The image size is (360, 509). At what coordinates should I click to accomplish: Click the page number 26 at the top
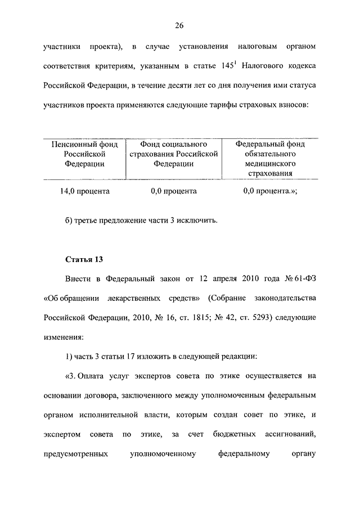(x=180, y=25)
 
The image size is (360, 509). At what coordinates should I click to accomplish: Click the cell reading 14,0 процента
(x=85, y=191)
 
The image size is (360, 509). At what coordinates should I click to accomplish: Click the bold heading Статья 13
(x=84, y=259)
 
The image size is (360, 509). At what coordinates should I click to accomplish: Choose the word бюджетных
(x=233, y=434)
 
